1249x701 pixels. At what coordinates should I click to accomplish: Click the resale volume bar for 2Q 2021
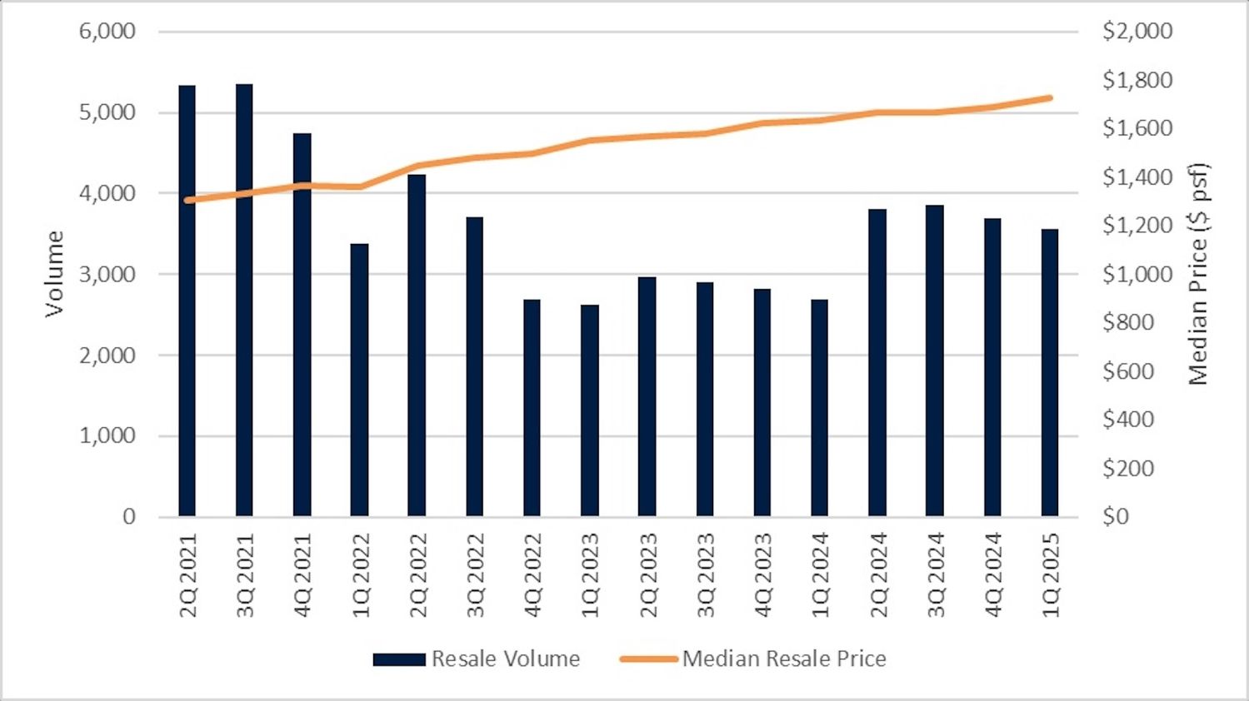187,333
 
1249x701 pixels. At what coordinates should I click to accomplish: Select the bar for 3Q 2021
244,333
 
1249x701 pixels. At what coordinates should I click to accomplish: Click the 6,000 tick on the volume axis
107,31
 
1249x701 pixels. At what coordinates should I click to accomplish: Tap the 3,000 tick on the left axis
107,274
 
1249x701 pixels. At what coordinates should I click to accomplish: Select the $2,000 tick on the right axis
1137,31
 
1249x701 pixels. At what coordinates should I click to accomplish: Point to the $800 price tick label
1128,322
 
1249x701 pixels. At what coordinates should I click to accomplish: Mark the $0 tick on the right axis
1116,516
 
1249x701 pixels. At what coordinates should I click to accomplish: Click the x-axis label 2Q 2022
417,575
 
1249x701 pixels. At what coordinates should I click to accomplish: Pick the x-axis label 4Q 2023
762,575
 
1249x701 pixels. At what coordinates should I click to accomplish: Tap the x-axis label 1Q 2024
820,575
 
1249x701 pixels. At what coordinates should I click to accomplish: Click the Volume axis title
54,273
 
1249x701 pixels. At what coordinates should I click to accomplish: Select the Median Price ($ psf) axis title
1198,273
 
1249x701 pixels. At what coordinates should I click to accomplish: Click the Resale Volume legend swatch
399,659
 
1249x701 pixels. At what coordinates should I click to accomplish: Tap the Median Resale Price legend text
784,659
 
